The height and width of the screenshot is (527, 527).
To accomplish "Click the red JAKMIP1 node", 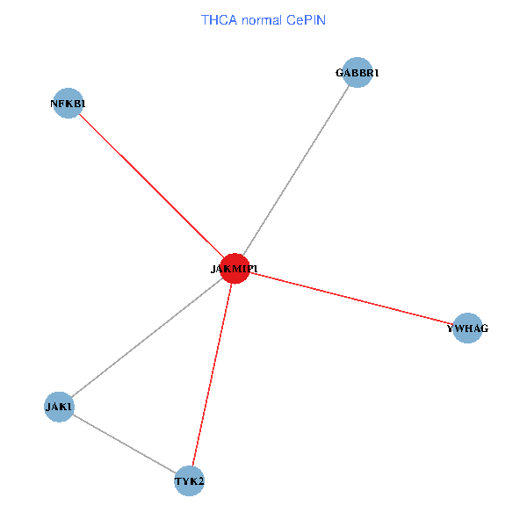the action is [235, 269].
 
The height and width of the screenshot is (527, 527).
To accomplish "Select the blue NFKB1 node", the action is [68, 104].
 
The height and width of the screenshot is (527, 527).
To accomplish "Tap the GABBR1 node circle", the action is [357, 73].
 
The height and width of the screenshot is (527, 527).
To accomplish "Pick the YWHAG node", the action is [467, 328].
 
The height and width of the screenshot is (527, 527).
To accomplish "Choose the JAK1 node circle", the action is [59, 407].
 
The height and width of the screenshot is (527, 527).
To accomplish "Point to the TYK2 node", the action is [190, 481].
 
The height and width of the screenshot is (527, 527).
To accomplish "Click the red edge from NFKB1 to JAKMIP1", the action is [149, 184].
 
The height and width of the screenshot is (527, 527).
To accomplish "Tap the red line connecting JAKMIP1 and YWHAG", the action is [351, 299].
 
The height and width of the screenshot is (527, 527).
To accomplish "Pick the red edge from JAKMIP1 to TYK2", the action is [213, 373].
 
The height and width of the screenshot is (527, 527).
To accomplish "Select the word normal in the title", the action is [260, 19].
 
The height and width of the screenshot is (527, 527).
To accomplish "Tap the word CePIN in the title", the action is [306, 19].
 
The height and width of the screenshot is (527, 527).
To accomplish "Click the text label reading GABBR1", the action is [357, 73].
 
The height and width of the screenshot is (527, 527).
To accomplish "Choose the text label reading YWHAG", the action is [467, 328].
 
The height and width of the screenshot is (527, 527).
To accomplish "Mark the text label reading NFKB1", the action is [68, 104].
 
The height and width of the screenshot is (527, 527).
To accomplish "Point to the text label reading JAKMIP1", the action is [234, 269].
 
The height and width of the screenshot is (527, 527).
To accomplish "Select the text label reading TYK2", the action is [190, 481].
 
